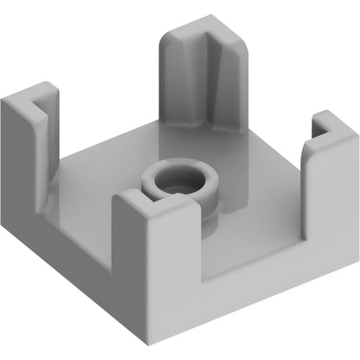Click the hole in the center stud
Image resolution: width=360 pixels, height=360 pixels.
[x=180, y=181]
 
